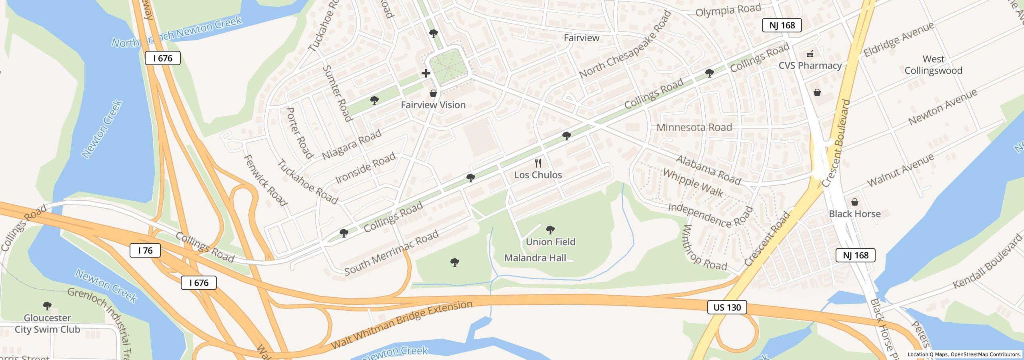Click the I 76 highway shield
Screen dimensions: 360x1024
pos(145,250)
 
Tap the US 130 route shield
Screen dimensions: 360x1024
pos(727,307)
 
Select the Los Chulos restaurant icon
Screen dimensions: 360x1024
pos(538,163)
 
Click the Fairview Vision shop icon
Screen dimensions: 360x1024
pos(433,94)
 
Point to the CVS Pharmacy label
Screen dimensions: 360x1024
pos(810,65)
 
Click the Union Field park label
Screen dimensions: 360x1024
pos(550,242)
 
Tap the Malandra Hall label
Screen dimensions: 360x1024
pos(535,258)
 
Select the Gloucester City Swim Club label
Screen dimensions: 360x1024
pos(47,324)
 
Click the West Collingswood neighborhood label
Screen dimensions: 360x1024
pos(933,65)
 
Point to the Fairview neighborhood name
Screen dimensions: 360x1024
pos(581,38)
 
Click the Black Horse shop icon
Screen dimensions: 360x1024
pos(854,202)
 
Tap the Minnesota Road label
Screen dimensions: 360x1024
pos(700,128)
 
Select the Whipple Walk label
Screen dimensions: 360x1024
pos(693,183)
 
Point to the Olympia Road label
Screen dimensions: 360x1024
pos(728,10)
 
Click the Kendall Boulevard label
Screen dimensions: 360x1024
pos(987,263)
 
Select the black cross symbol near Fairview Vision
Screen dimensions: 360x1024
pos(426,73)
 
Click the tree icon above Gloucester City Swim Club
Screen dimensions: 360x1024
pos(47,306)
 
